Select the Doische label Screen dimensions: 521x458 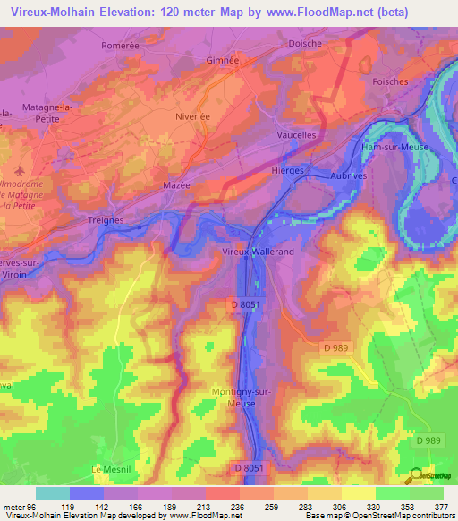[304, 42]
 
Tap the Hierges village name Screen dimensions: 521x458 [288, 169]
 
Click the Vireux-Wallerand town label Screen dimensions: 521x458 [257, 253]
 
